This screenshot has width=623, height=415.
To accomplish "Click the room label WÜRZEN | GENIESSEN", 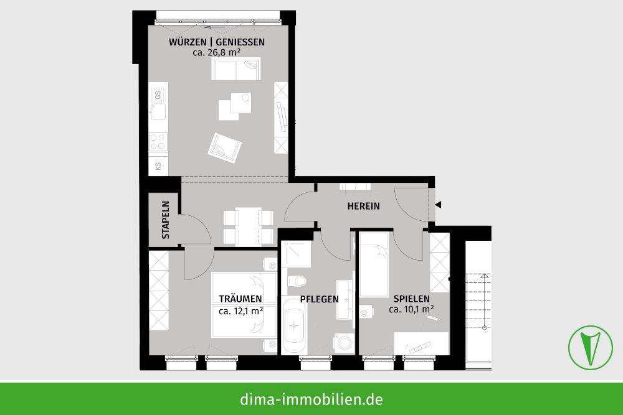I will (217, 42).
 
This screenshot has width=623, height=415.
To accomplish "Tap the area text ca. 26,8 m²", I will (217, 53).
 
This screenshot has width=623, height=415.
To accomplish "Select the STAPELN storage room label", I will (166, 220).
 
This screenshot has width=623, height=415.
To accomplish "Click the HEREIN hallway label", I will (364, 207).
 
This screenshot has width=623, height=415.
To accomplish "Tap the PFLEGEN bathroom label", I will (319, 299).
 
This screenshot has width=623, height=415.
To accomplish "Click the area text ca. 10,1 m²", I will (411, 309).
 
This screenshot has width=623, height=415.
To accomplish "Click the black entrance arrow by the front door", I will (439, 205).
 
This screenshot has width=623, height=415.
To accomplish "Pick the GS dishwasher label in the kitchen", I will (158, 95).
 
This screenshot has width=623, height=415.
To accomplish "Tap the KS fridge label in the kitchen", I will (158, 166).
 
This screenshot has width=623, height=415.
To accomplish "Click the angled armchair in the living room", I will (224, 147).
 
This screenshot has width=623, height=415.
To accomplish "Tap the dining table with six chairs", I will (248, 226).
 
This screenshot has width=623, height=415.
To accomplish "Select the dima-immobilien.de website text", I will (311, 399).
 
